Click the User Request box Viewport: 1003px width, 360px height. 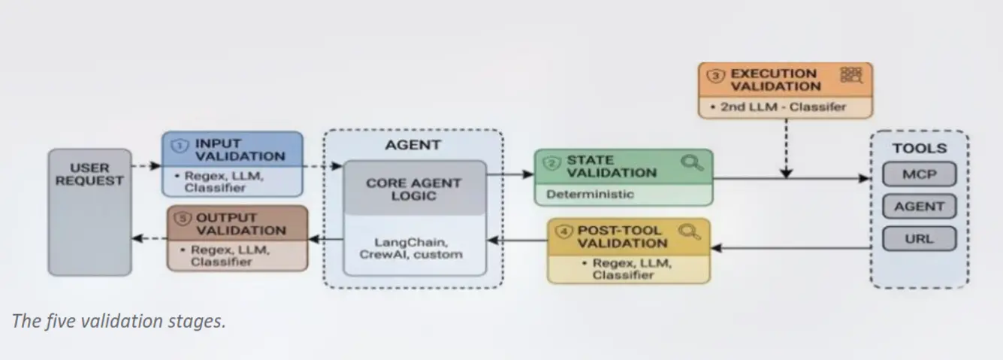coord(89,212)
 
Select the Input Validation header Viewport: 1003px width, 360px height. coord(240,150)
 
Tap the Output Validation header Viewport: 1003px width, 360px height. coord(241,224)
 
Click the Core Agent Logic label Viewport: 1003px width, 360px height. coord(413,189)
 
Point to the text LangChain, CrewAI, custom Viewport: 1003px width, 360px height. coord(411,249)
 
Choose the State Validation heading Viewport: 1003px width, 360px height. coord(612,167)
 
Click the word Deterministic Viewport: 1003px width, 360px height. coord(591,195)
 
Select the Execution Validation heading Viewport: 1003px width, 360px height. coord(775,80)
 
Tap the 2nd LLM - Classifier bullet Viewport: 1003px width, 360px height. coord(778,107)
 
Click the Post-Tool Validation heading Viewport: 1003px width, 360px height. coord(622,237)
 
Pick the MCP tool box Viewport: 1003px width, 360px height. coord(920,174)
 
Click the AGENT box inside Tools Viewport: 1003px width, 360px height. coord(920,207)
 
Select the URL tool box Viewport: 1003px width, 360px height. coord(920,239)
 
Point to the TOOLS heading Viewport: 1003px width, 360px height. coord(920,148)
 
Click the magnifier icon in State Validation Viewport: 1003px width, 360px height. coord(692,162)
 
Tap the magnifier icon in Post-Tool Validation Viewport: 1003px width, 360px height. coord(690,231)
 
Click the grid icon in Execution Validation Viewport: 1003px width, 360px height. coord(851,75)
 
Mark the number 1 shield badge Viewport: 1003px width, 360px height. coord(180,146)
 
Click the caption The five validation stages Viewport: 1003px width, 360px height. coord(119,321)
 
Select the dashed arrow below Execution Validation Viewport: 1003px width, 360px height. coord(787,148)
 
